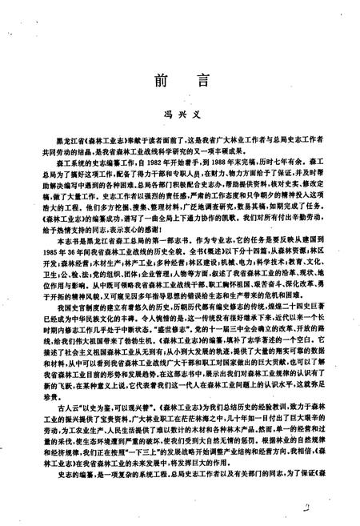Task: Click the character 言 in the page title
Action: (204, 82)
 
